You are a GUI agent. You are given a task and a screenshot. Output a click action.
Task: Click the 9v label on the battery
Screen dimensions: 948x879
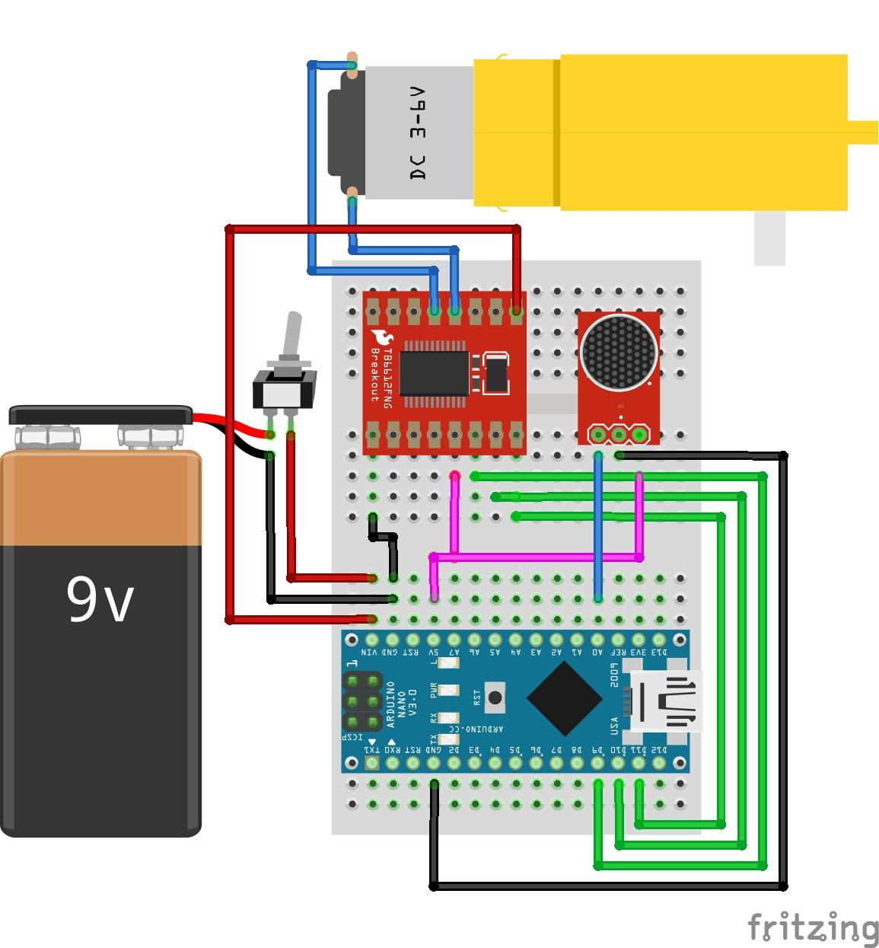[100, 599]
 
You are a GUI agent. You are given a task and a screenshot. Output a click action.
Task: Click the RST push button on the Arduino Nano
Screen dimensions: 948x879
[495, 697]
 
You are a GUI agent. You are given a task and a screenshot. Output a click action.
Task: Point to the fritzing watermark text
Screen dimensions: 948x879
[812, 927]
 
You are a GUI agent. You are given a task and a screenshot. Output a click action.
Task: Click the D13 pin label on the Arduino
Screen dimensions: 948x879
[658, 653]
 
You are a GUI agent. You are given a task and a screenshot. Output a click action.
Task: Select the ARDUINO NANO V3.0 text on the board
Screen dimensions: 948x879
[401, 704]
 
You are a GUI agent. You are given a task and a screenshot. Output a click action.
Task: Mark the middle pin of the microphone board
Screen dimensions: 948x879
[619, 435]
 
